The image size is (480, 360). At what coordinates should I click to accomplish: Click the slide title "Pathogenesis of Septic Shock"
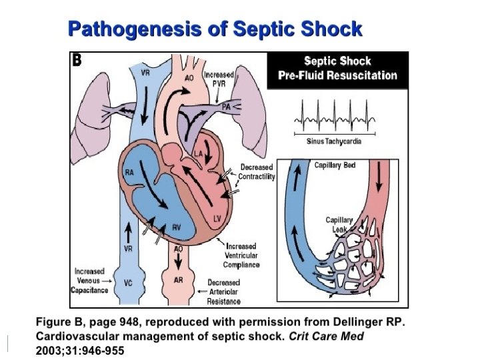(216, 29)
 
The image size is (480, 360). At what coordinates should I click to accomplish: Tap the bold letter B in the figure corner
(77, 60)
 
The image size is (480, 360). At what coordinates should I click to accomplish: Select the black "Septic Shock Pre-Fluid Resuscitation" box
(337, 68)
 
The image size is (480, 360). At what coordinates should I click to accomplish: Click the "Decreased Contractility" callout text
(256, 172)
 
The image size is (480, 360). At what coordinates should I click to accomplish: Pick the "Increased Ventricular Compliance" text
(241, 255)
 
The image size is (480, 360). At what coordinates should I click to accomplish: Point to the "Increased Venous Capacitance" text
(89, 281)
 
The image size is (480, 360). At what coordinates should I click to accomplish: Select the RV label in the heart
(177, 227)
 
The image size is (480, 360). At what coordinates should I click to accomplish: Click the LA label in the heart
(198, 154)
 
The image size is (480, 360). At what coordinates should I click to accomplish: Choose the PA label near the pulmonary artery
(227, 106)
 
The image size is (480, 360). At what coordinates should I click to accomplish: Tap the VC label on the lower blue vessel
(127, 282)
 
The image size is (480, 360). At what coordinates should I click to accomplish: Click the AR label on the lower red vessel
(179, 280)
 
